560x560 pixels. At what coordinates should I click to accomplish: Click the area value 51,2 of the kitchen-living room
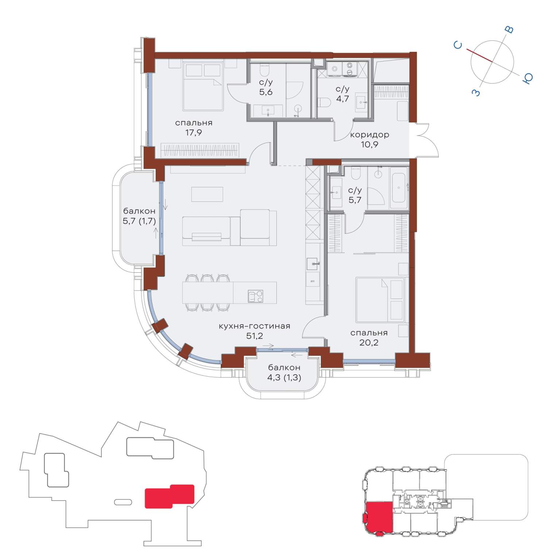point(254,336)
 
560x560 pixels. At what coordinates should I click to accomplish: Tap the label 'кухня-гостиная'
point(254,326)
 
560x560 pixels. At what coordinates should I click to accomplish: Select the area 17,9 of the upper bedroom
point(194,132)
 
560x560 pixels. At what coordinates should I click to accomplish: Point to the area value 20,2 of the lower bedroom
point(369,342)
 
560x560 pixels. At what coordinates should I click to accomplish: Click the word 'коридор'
point(369,135)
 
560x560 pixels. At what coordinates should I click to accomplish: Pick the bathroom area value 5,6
point(266,92)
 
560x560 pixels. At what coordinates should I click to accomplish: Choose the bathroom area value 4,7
point(342,98)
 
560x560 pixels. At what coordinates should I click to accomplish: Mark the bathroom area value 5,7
point(355,200)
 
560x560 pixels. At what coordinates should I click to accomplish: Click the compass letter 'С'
point(458,45)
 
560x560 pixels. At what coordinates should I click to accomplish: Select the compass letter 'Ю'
point(528,78)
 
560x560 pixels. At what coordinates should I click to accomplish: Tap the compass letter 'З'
point(476,93)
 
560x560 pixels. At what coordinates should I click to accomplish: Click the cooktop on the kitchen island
point(256,296)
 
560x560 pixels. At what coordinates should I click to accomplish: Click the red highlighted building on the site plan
point(170,496)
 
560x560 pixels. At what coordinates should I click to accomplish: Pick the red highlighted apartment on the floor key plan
point(379,517)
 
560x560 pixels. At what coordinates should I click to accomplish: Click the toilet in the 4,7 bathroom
point(324,102)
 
